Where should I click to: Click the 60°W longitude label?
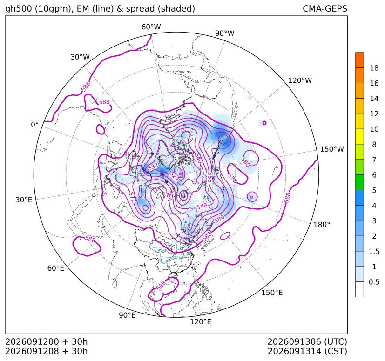point(151,27)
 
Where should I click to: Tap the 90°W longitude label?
point(225,33)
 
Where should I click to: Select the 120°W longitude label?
point(300,80)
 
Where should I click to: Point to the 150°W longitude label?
point(332,149)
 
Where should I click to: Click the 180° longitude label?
point(322,225)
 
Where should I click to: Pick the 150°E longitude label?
point(272,293)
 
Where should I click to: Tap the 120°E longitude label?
point(201,322)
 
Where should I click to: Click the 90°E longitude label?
point(127,315)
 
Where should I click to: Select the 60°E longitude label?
point(56,268)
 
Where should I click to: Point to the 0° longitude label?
point(34,125)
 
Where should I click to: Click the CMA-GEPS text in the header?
point(325,9)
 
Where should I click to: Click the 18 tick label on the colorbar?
point(374,68)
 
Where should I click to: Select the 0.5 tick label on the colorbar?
point(374,282)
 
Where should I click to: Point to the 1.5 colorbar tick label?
point(374,252)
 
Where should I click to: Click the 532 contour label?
point(153,167)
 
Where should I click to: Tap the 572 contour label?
point(132,197)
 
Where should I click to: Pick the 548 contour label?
point(202,206)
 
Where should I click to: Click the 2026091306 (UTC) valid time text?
point(307,342)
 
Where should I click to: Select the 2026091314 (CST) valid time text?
point(307,351)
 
